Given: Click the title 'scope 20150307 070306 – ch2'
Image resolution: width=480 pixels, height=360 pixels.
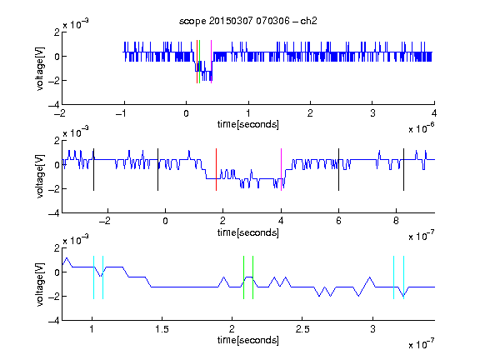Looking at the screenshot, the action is (248, 21).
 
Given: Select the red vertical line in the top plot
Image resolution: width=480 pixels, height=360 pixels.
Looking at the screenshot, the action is (197, 62).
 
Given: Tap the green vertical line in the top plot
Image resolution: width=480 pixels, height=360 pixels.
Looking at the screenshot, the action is (200, 62).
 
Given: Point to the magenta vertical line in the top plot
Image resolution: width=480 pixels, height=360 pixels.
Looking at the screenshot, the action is (211, 62).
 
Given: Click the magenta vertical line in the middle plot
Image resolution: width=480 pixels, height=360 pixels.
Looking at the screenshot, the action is (282, 170).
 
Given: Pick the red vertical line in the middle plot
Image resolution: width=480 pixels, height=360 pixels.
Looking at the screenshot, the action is (216, 170).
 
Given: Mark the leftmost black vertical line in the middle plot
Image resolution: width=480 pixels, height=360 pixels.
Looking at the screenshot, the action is (93, 170).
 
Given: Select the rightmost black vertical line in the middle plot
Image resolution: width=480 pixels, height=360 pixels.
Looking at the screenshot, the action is (403, 170).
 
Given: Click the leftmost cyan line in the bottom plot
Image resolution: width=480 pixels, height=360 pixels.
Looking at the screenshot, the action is (93, 277).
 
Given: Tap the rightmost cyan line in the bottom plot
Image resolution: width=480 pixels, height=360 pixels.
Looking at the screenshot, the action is (404, 277).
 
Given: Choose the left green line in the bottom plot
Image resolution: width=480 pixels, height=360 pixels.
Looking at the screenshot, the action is (243, 277).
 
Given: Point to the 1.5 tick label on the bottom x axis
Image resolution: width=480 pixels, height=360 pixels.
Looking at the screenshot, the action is (162, 329).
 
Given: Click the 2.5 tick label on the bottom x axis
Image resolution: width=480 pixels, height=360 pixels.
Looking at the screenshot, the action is (302, 329).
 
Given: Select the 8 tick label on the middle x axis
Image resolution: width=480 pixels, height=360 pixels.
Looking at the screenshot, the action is (396, 221).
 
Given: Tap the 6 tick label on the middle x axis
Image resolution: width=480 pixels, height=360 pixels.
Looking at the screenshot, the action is (338, 221).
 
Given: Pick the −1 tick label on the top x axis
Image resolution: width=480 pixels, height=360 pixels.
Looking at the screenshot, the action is (122, 113).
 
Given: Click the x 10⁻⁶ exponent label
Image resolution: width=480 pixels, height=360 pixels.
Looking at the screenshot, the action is (422, 128).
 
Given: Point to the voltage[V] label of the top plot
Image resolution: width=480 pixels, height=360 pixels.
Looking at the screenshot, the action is (40, 68).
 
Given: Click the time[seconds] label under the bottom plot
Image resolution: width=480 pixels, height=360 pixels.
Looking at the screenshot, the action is (248, 340).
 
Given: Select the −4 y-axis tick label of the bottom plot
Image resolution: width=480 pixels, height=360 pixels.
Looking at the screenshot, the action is (54, 321).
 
